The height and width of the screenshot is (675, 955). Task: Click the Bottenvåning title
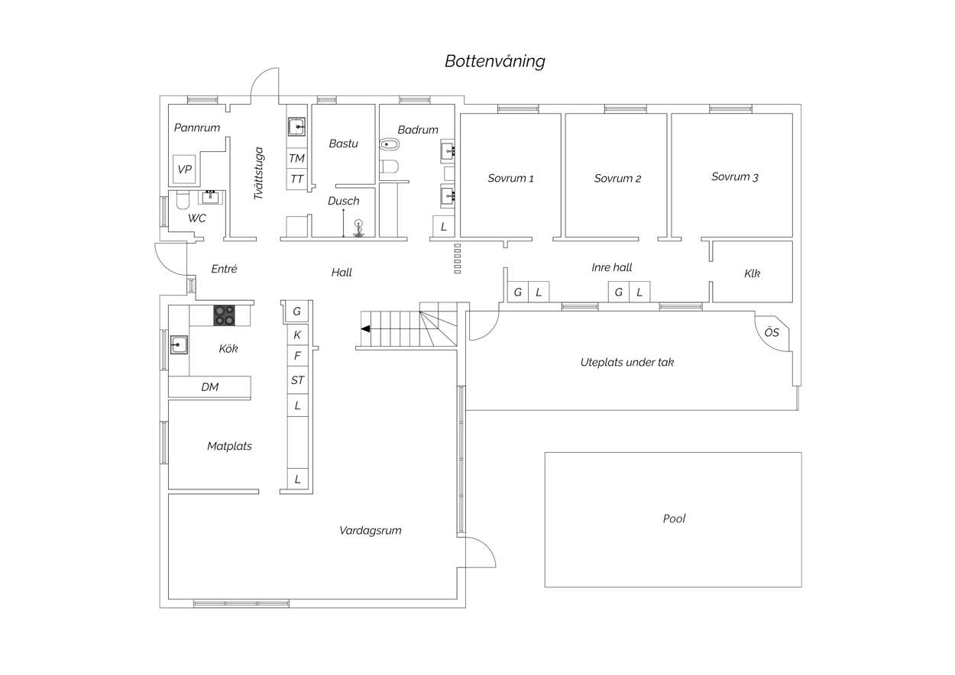(495, 61)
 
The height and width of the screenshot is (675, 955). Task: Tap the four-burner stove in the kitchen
(225, 315)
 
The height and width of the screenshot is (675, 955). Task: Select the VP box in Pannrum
(184, 170)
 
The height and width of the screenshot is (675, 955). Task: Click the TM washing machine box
(296, 158)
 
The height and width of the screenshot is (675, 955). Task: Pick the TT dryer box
(296, 179)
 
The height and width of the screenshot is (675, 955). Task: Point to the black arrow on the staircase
(365, 329)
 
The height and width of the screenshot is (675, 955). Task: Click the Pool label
(674, 518)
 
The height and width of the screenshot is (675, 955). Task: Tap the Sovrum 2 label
(617, 178)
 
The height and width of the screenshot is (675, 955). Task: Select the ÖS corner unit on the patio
(772, 333)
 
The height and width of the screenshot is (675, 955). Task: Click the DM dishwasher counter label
(210, 387)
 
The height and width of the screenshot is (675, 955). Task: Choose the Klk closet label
(752, 273)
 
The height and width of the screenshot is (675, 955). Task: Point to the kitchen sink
(179, 344)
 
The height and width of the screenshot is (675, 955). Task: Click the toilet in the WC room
(183, 200)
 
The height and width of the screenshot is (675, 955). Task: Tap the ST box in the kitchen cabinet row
(298, 379)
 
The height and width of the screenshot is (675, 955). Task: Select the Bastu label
(343, 144)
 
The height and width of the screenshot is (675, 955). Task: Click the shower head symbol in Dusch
(359, 228)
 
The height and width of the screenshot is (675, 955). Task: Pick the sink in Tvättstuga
(296, 127)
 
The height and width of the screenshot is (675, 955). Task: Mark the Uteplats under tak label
(627, 362)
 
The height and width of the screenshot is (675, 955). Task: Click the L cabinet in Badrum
(443, 226)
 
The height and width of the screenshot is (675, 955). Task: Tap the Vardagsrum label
(370, 531)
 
